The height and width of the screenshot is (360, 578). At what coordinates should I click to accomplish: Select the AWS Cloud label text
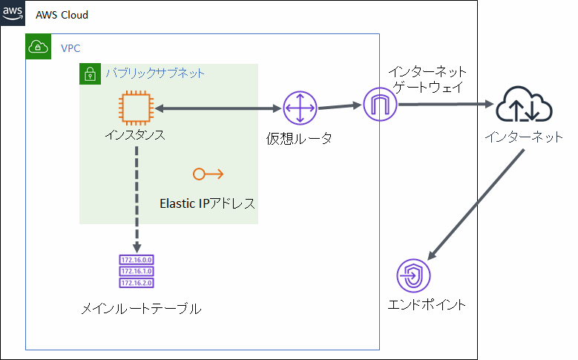tap(63, 16)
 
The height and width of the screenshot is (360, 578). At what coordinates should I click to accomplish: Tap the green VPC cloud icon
tap(38, 48)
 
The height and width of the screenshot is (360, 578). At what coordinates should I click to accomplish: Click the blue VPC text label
tap(70, 48)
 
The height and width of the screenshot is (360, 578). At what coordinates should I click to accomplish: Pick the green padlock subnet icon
tap(90, 74)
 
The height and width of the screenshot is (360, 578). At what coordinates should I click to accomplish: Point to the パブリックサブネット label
tap(154, 73)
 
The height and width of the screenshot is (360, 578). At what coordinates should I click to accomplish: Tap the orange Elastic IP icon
tap(208, 174)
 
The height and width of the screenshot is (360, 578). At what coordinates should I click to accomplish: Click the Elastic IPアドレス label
tap(207, 203)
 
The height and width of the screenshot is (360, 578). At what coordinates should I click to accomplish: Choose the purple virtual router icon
tap(299, 108)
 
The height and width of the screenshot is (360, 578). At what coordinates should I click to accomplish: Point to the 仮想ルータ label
tap(299, 138)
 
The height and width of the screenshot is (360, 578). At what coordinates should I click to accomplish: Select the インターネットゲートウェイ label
tap(428, 79)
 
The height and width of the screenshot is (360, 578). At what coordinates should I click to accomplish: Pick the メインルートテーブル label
tap(141, 309)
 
